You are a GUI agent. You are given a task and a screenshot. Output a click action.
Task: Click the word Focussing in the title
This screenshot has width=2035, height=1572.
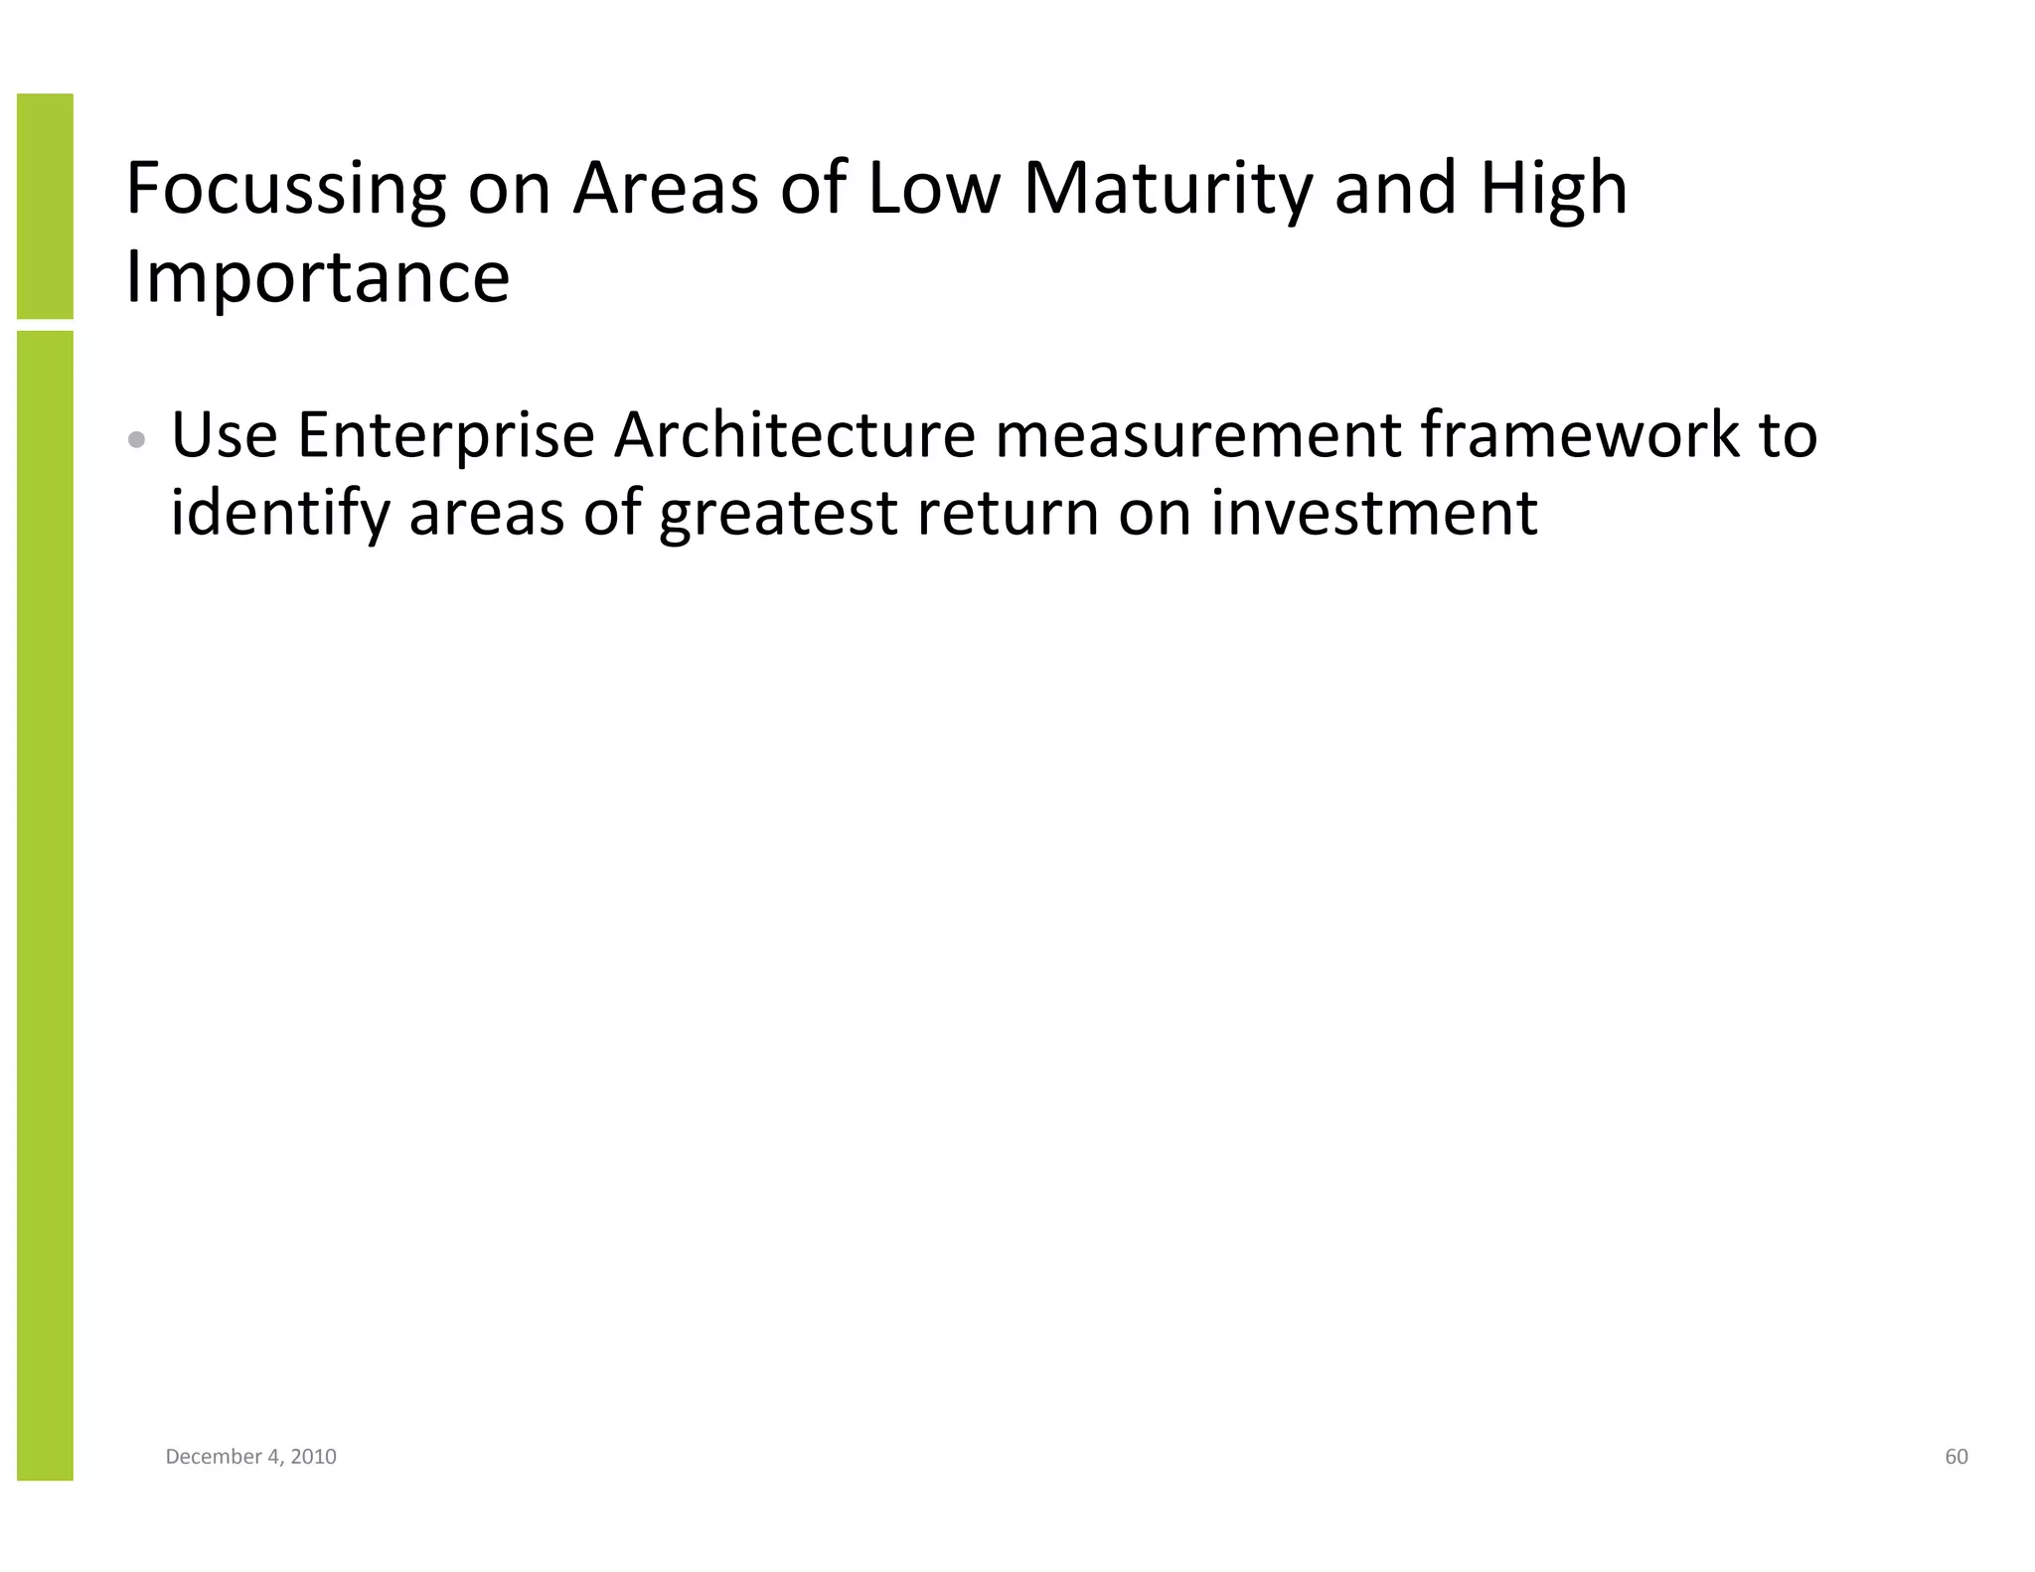[286, 189]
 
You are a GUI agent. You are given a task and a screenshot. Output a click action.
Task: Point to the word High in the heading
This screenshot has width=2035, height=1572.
[1553, 189]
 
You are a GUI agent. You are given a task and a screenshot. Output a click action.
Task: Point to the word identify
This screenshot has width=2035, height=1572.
[280, 514]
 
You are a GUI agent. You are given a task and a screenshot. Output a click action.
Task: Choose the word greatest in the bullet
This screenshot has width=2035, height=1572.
[778, 514]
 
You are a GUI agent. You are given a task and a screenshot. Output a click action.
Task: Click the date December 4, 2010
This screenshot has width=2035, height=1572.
[250, 1457]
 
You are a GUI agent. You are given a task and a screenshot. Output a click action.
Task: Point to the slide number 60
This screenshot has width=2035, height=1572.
[1956, 1457]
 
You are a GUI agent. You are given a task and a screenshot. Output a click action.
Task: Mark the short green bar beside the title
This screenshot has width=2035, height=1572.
[45, 206]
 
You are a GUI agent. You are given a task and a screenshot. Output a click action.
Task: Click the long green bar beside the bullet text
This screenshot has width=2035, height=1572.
[45, 904]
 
